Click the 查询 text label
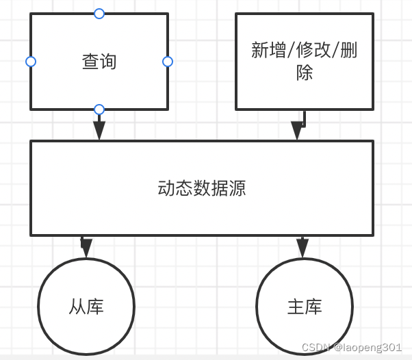click(x=99, y=62)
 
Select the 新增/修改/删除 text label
click(x=305, y=61)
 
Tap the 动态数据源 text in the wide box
click(x=202, y=188)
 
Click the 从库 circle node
click(x=86, y=306)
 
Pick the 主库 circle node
click(x=305, y=306)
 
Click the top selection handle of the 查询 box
click(x=99, y=13)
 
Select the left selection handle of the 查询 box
click(x=30, y=62)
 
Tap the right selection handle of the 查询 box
click(x=168, y=62)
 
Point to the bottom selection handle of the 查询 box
click(x=99, y=110)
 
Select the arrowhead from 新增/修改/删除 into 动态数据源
click(x=297, y=131)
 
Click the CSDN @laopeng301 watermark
click(x=352, y=348)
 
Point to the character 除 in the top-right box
click(x=305, y=72)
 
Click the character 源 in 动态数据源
click(x=237, y=188)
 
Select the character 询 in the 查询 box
click(x=108, y=62)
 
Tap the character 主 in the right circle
click(x=296, y=306)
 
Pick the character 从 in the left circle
click(x=77, y=306)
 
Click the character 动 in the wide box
click(x=166, y=188)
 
